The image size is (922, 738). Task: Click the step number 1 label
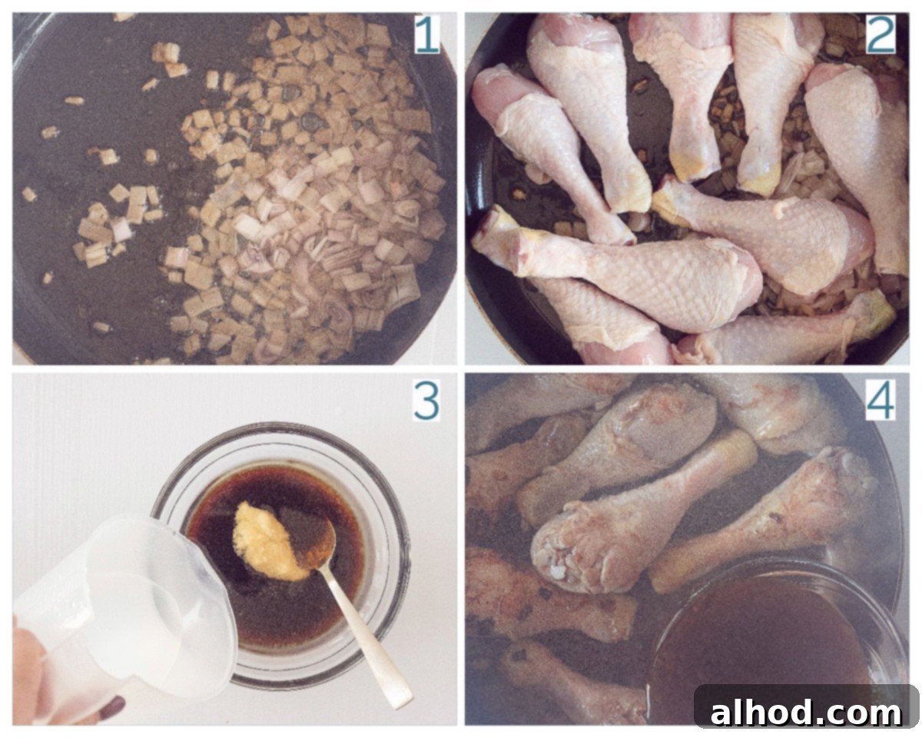tap(426, 35)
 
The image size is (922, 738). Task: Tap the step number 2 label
tap(881, 35)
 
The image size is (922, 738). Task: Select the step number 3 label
tap(426, 401)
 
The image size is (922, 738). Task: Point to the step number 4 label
tap(881, 401)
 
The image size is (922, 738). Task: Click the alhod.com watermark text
tap(805, 713)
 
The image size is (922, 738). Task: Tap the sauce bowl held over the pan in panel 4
tap(775, 643)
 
